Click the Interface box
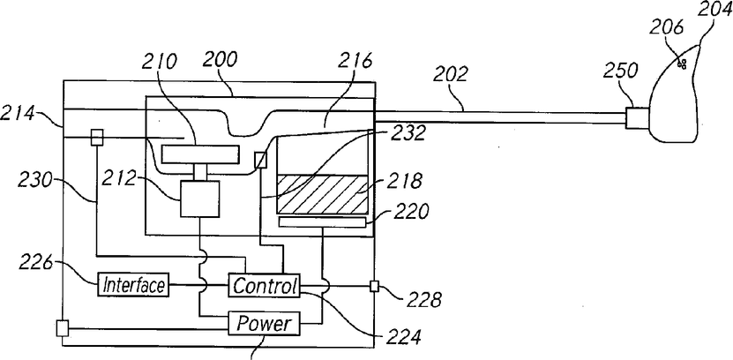coord(133,284)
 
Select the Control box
coord(264,285)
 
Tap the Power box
coord(264,323)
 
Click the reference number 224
coord(402,335)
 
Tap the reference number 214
coord(18,114)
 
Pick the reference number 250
coord(620,70)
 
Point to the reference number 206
coord(666,28)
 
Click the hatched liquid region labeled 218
coord(323,193)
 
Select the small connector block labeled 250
coord(638,117)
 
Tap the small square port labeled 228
coord(374,286)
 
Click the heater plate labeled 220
coord(323,222)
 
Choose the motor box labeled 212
coord(200,199)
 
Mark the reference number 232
coord(408,133)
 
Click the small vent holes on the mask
coord(682,64)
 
